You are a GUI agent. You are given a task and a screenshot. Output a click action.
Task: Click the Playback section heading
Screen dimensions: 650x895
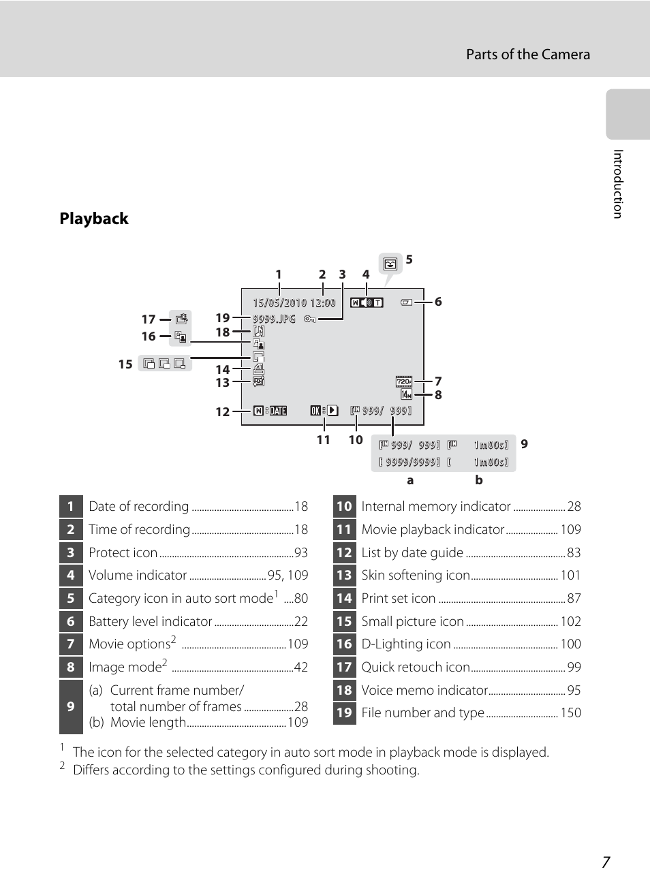pos(94,219)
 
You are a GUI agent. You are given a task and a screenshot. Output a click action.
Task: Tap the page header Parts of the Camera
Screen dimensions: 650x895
pos(528,54)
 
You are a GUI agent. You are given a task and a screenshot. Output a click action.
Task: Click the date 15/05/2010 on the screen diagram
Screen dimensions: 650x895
pos(280,303)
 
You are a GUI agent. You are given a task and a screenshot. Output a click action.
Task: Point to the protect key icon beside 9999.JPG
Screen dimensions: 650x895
pos(310,319)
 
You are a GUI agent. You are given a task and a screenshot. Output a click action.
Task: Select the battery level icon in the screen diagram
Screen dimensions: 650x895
pos(407,302)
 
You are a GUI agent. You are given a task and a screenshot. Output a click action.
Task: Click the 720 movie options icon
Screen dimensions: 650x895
pos(404,381)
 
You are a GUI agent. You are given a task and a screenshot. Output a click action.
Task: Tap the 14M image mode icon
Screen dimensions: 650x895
pos(406,395)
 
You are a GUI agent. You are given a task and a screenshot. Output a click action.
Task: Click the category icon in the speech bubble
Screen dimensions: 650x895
pos(390,264)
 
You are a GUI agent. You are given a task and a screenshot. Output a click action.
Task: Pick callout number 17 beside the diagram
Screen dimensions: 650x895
pos(149,319)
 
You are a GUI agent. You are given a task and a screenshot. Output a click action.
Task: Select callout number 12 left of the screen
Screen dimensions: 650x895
pos(223,412)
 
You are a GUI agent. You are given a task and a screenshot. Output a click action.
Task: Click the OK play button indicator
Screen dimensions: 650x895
pos(324,410)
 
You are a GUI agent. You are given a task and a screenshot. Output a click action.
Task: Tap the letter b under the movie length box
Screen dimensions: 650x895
pos(479,480)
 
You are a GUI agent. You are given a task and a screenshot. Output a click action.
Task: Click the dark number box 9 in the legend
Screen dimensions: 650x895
pos(71,707)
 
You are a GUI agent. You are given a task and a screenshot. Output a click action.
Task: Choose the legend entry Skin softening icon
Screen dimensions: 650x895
pos(416,576)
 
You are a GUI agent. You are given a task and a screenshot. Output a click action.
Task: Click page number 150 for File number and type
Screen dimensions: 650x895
pos(570,713)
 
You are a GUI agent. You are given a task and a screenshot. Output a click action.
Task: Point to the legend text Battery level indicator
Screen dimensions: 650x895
pos(151,622)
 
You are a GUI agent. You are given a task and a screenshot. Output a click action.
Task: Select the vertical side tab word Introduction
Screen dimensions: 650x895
pos(618,184)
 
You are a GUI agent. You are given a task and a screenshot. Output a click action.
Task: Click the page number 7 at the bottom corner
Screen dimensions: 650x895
pos(606,862)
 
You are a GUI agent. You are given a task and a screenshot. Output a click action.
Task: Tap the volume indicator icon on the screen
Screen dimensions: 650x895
pos(367,303)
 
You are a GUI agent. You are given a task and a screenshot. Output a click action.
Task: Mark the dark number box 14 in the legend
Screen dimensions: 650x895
pos(344,599)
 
